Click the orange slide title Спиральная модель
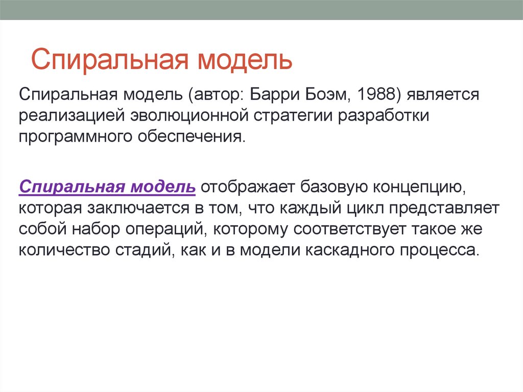(162, 60)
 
